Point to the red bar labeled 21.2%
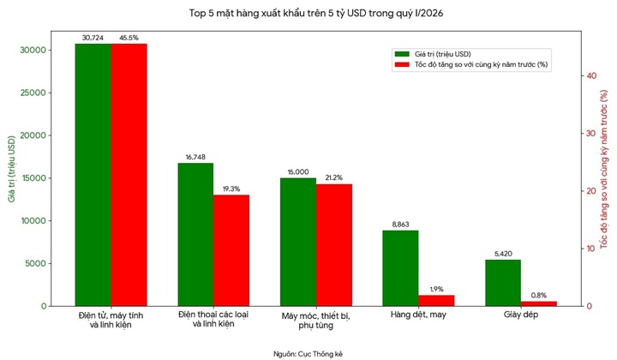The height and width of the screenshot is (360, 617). pyautogui.click(x=333, y=245)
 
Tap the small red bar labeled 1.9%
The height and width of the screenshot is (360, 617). pyautogui.click(x=436, y=301)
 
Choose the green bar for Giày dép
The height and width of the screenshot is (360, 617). pyautogui.click(x=503, y=283)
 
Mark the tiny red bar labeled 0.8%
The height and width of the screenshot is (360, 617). pyautogui.click(x=539, y=303)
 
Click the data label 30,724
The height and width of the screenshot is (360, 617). pyautogui.click(x=93, y=38)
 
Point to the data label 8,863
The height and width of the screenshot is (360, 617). pyautogui.click(x=400, y=225)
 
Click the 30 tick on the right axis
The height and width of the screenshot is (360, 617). pyautogui.click(x=591, y=134)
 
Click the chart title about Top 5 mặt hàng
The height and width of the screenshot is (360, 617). pyautogui.click(x=308, y=13)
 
